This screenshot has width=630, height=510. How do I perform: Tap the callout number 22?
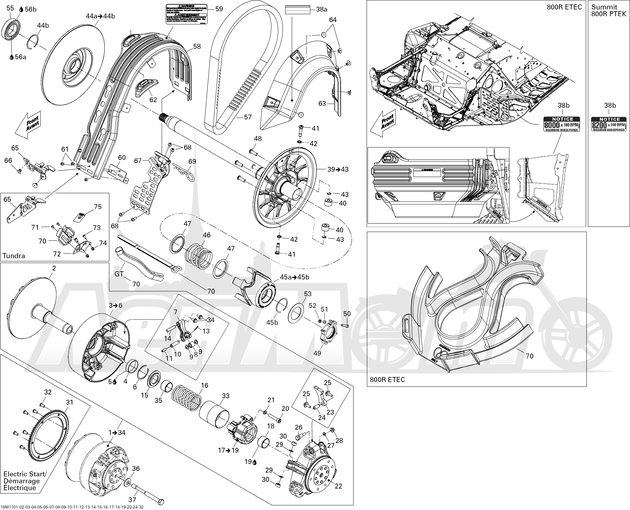point(338,486)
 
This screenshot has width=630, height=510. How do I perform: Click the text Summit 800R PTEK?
point(609,10)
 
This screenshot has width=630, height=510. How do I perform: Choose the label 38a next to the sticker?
point(321,9)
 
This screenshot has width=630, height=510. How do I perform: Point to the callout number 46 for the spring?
point(207,235)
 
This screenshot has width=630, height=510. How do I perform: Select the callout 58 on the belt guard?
point(197,46)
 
